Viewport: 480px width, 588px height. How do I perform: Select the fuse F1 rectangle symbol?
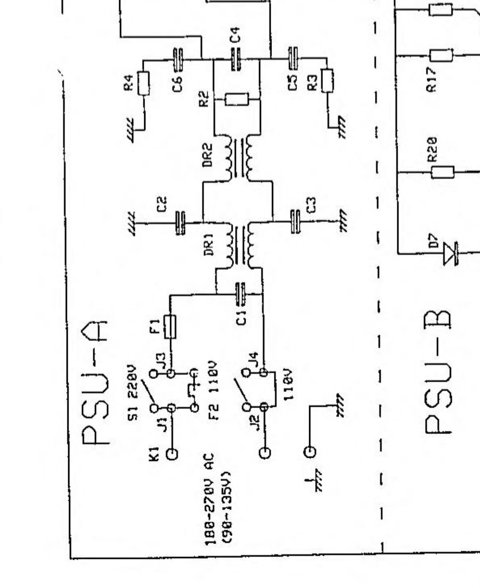(170, 327)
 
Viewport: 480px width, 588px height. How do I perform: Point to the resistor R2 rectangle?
(237, 99)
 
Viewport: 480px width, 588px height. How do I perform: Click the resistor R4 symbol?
(143, 83)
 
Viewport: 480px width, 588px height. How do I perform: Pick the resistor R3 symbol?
(327, 80)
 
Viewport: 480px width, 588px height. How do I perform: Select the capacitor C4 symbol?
(236, 59)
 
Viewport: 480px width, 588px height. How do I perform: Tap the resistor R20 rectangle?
(443, 172)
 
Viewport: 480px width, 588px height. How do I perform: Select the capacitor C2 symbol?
(180, 223)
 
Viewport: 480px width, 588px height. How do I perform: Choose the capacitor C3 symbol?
(295, 221)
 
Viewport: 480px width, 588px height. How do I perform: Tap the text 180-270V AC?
(210, 499)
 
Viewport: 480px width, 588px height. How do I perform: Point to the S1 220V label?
(133, 388)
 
